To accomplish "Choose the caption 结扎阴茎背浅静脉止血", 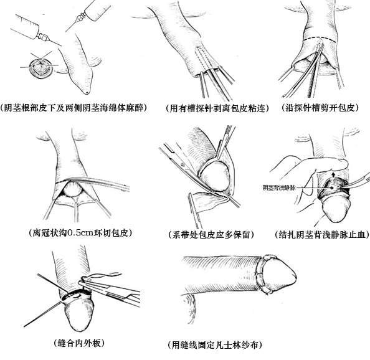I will pos(322,235).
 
